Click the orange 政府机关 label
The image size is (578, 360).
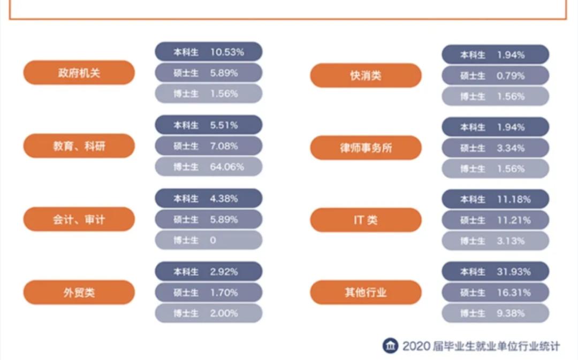tap(79, 73)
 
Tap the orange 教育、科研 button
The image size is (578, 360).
tap(79, 146)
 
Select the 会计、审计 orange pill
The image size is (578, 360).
tap(79, 219)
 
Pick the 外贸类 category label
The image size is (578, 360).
tap(79, 293)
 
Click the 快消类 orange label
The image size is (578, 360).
tap(366, 75)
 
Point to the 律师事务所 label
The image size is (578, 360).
tap(366, 148)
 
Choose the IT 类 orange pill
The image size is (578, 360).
tap(366, 220)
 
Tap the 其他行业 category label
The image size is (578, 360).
tap(366, 293)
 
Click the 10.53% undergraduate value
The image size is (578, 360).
tap(227, 52)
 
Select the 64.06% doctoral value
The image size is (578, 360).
tap(227, 167)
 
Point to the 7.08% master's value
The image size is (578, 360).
tap(224, 146)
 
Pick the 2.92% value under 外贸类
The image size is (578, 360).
tap(224, 272)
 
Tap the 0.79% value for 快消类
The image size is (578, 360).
tap(511, 76)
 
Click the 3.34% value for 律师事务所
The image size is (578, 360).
tap(511, 148)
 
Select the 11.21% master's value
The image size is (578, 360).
tap(514, 220)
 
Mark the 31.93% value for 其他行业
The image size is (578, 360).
tap(514, 272)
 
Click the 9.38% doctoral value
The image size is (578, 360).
tap(511, 313)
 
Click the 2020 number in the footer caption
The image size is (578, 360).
tap(416, 346)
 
